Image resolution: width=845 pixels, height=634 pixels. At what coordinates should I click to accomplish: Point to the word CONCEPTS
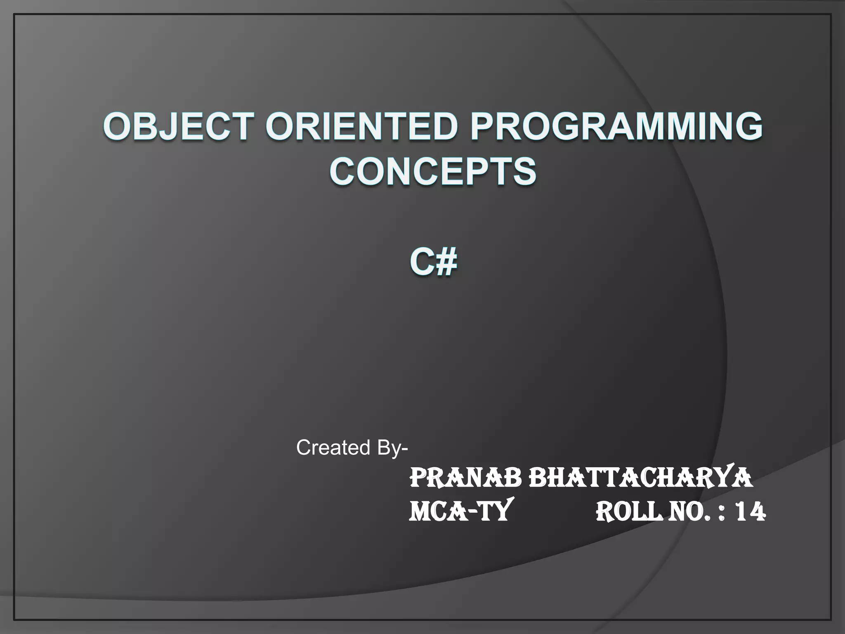pyautogui.click(x=433, y=172)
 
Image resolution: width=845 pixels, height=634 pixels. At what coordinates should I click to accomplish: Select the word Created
pyautogui.click(x=333, y=447)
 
